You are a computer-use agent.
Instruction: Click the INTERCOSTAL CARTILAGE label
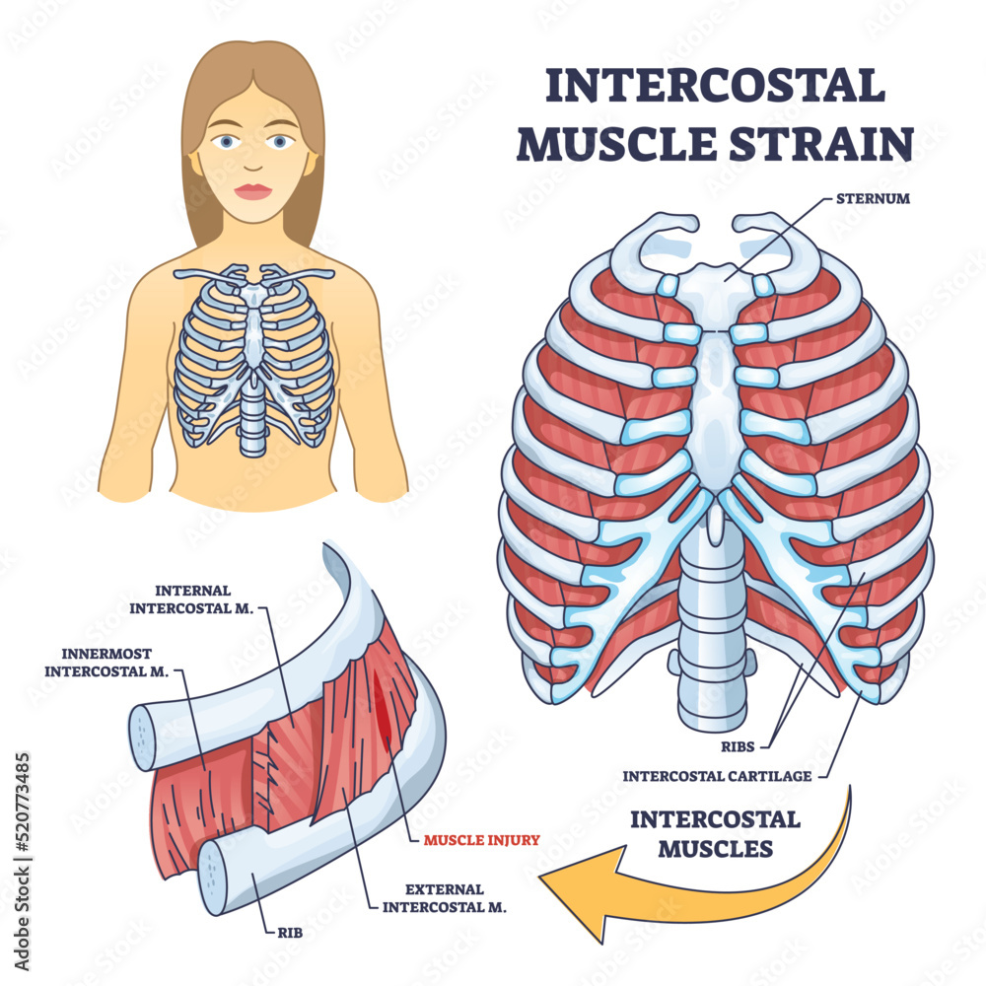[x=717, y=775]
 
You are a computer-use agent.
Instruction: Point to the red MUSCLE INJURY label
[x=482, y=840]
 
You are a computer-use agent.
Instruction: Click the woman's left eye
[x=282, y=142]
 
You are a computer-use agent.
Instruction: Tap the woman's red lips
[x=253, y=191]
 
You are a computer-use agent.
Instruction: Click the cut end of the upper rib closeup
[x=143, y=737]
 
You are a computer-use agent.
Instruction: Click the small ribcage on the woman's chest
[x=253, y=355]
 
